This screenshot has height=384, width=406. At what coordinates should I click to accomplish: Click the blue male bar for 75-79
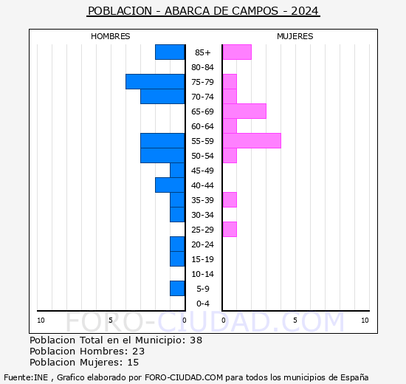click(x=155, y=81)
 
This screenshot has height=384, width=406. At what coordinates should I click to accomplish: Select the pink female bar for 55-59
click(x=251, y=140)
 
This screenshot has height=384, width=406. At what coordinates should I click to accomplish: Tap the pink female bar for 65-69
click(x=244, y=111)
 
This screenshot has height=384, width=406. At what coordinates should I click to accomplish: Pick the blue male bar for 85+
click(x=170, y=52)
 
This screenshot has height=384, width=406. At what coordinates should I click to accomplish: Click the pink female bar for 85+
click(x=236, y=52)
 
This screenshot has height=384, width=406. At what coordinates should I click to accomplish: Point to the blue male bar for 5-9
click(x=177, y=288)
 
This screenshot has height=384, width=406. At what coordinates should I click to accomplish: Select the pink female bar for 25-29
click(x=229, y=229)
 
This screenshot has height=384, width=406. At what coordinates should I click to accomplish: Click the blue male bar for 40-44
click(x=170, y=185)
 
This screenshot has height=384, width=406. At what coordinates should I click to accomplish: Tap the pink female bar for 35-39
click(x=229, y=199)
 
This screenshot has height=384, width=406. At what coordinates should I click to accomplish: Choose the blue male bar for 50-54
click(x=162, y=155)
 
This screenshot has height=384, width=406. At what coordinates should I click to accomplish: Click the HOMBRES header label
click(x=110, y=36)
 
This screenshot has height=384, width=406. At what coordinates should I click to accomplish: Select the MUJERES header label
click(x=295, y=36)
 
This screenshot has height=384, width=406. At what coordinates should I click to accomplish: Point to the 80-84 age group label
click(x=203, y=67)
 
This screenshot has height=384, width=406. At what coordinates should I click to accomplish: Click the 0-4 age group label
click(x=203, y=304)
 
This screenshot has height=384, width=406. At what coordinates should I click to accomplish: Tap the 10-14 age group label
click(x=203, y=274)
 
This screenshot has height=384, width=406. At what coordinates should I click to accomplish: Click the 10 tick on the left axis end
click(x=41, y=320)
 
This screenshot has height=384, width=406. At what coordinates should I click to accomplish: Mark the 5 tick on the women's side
click(x=295, y=320)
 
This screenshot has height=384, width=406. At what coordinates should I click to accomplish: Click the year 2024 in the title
click(x=305, y=11)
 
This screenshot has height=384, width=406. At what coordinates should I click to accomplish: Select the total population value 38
click(x=195, y=340)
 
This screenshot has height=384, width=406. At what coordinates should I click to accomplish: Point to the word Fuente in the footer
click(x=17, y=377)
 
